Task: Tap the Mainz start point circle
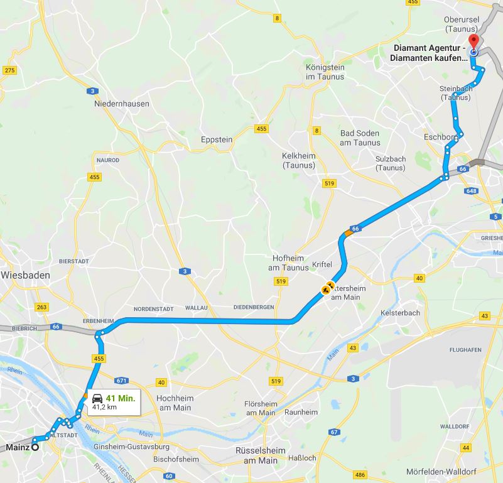(35, 447)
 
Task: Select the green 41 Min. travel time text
(121, 398)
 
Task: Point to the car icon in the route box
(97, 398)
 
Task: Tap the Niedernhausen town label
(122, 104)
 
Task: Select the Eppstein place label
(217, 139)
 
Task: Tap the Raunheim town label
(301, 412)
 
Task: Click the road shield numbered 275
(9, 70)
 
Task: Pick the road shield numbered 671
(122, 381)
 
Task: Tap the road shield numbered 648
(472, 191)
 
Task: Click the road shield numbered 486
(360, 475)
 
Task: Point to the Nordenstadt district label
(148, 308)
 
